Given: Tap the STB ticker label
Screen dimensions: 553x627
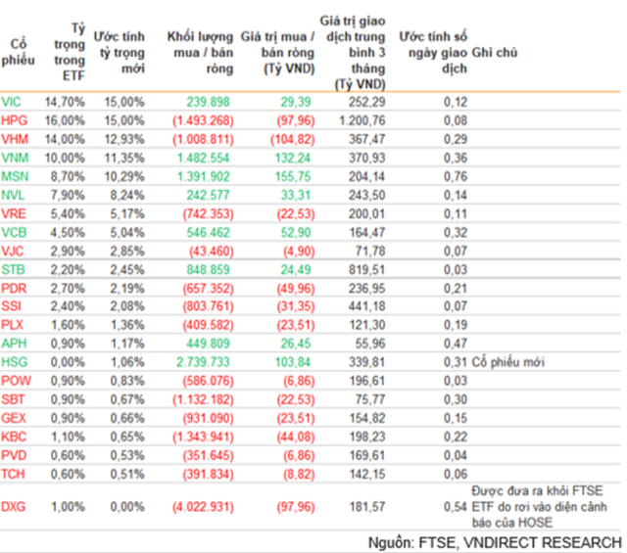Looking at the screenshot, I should (13, 269).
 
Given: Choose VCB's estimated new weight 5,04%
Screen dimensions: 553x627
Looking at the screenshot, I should (126, 232).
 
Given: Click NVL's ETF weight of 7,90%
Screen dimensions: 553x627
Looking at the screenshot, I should (68, 195).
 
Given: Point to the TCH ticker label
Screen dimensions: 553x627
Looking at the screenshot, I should (13, 474).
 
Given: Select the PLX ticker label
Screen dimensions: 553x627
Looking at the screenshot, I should (13, 325).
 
